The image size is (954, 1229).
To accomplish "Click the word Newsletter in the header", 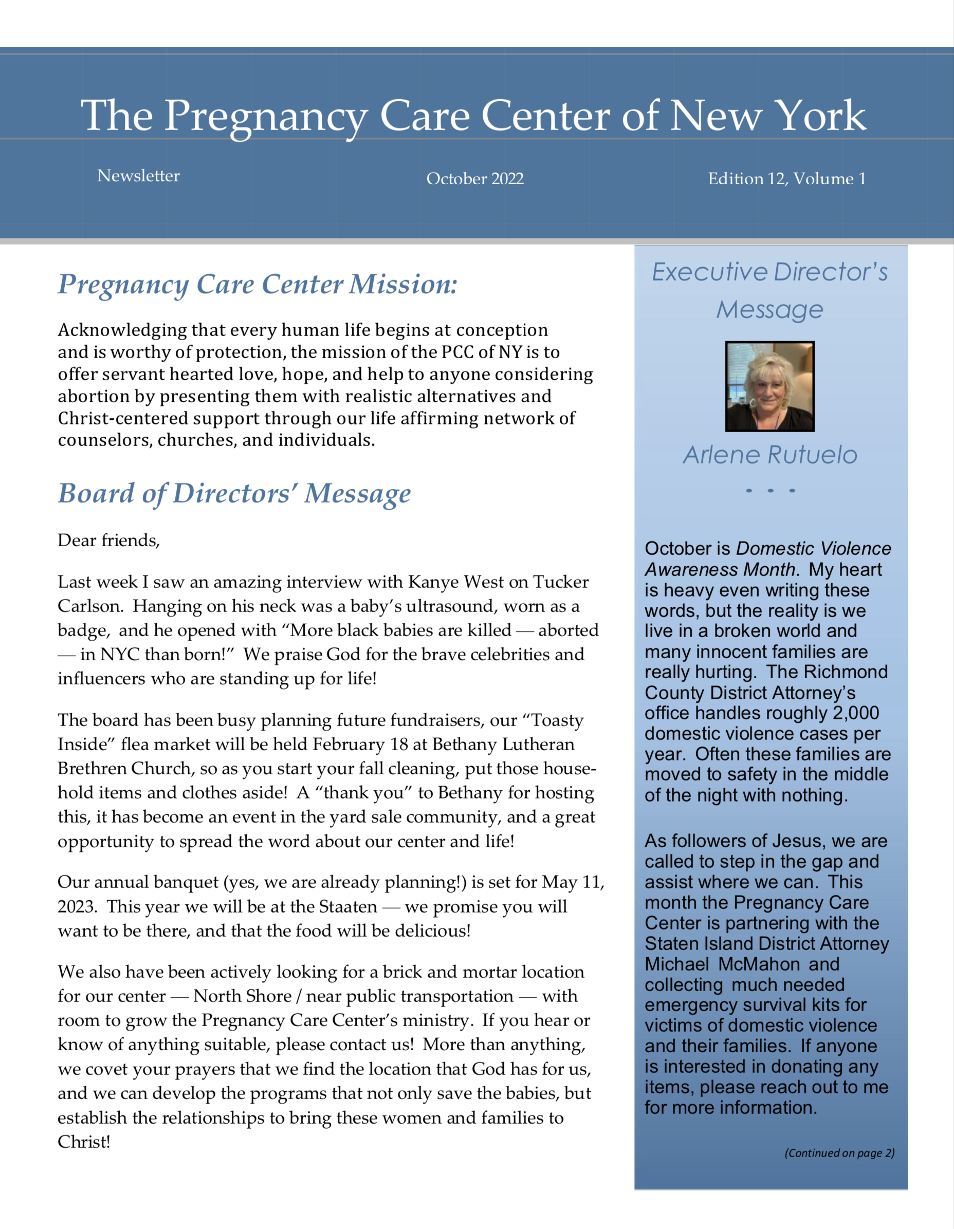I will [x=138, y=176].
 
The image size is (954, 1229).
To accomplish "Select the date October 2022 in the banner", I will [x=475, y=178].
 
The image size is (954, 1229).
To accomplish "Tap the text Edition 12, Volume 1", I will [x=787, y=178].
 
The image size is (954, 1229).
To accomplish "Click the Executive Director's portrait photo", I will [x=769, y=386].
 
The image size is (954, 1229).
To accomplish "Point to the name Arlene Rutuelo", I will [x=770, y=455].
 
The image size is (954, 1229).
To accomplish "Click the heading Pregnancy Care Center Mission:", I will [x=257, y=284].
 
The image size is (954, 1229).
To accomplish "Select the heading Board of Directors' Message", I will [x=234, y=494].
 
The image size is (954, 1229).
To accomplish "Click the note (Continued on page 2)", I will [x=839, y=1153].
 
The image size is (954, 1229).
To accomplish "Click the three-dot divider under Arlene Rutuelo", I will [x=770, y=491].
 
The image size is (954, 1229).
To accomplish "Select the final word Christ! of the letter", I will [x=84, y=1142].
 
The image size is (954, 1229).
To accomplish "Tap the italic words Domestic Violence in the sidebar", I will [x=813, y=548].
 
